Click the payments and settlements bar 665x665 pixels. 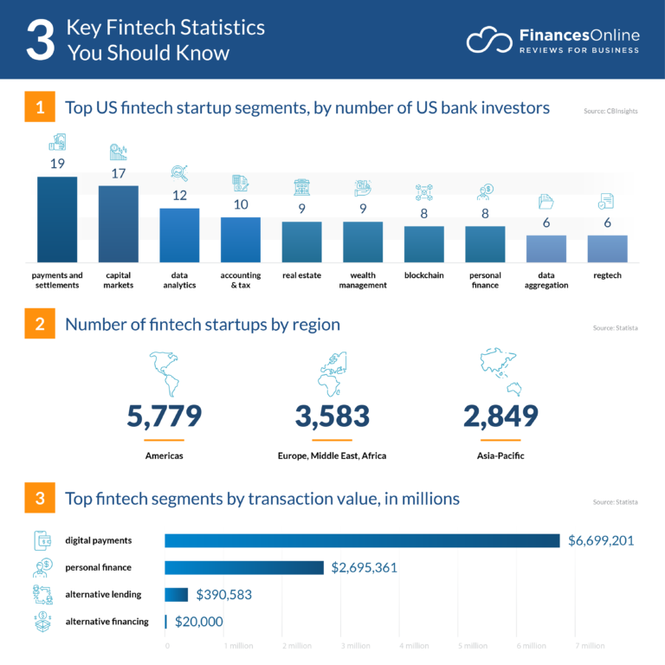point(57,219)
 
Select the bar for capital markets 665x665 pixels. point(119,223)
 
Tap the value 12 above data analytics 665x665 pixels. point(180,196)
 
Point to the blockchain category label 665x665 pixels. point(424,275)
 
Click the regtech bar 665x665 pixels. point(608,249)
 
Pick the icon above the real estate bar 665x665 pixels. point(301,187)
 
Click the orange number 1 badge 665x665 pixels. point(40,108)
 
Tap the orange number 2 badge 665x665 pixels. point(40,325)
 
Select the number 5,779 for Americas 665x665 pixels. point(165,416)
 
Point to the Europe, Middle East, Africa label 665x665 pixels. point(332,455)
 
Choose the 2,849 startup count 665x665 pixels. point(500,416)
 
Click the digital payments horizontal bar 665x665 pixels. point(362,540)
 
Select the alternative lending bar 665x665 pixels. point(176,595)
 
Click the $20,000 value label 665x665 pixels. point(199,622)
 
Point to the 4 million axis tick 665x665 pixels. point(413,646)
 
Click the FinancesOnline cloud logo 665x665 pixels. point(489,40)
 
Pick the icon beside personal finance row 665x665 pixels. point(42,568)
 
